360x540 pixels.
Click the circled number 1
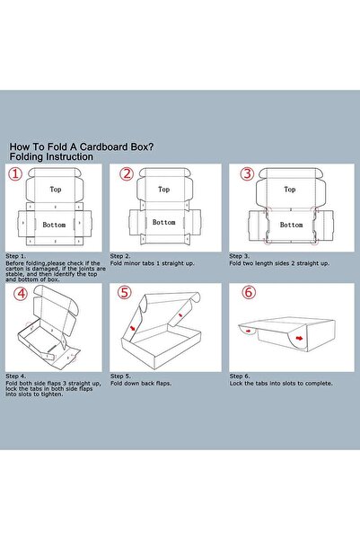[x=15, y=173]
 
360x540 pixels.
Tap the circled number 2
[x=127, y=173]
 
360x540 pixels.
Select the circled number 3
[x=247, y=173]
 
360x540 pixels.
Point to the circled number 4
[x=21, y=294]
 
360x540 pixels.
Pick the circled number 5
[x=124, y=292]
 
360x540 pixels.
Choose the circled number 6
[x=249, y=292]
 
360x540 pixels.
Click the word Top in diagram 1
[x=56, y=190]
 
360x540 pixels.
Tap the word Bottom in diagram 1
[x=54, y=225]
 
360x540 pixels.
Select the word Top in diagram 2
[x=163, y=190]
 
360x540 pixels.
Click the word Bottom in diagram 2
[x=163, y=223]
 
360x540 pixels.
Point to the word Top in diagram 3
[x=290, y=190]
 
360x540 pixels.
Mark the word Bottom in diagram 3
[x=291, y=225]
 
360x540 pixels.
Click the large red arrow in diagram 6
[x=300, y=339]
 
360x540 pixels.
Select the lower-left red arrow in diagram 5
[x=133, y=328]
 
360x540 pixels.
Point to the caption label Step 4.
[x=15, y=376]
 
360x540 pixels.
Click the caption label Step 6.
[x=240, y=376]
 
